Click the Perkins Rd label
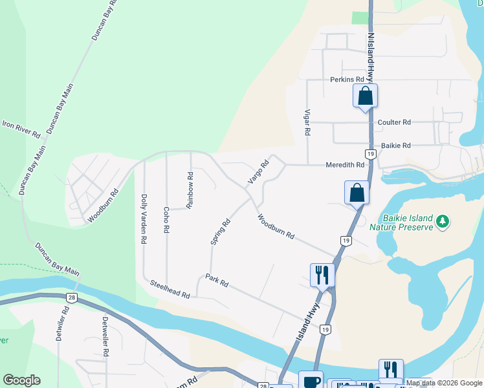tap(347, 80)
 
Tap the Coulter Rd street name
tap(395, 122)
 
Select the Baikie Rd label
tap(397, 145)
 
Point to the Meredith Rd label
tap(346, 165)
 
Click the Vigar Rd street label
tap(307, 122)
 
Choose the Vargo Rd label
tap(259, 172)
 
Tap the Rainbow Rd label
tap(190, 189)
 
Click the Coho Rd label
tap(166, 220)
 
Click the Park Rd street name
tap(217, 283)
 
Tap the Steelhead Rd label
tap(170, 288)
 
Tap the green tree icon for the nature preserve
tap(443, 222)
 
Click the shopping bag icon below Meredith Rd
tap(357, 192)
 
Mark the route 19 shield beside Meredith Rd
tap(370, 153)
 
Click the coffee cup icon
tap(310, 381)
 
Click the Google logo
tap(21, 380)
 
